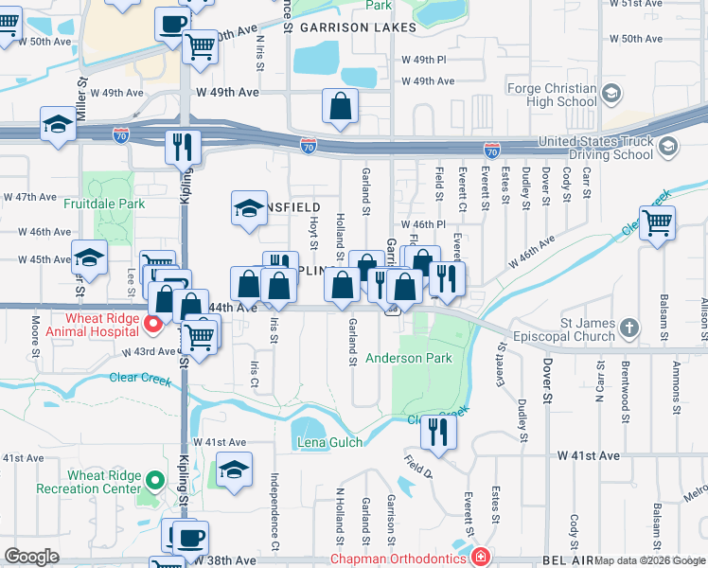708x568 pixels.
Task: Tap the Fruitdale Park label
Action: (104, 204)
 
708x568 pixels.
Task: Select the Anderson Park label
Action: (409, 359)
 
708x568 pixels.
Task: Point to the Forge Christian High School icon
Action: (611, 93)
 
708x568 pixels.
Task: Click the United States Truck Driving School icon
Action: (668, 146)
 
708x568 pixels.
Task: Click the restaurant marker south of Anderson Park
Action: (437, 431)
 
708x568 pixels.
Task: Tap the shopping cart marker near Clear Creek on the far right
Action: (657, 223)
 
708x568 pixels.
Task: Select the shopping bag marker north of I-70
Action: (340, 106)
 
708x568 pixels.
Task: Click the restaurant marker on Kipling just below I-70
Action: (183, 147)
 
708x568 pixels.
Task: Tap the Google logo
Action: (31, 557)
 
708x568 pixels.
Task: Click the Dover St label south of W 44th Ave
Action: (546, 369)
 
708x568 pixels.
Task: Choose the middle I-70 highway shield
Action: (309, 147)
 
